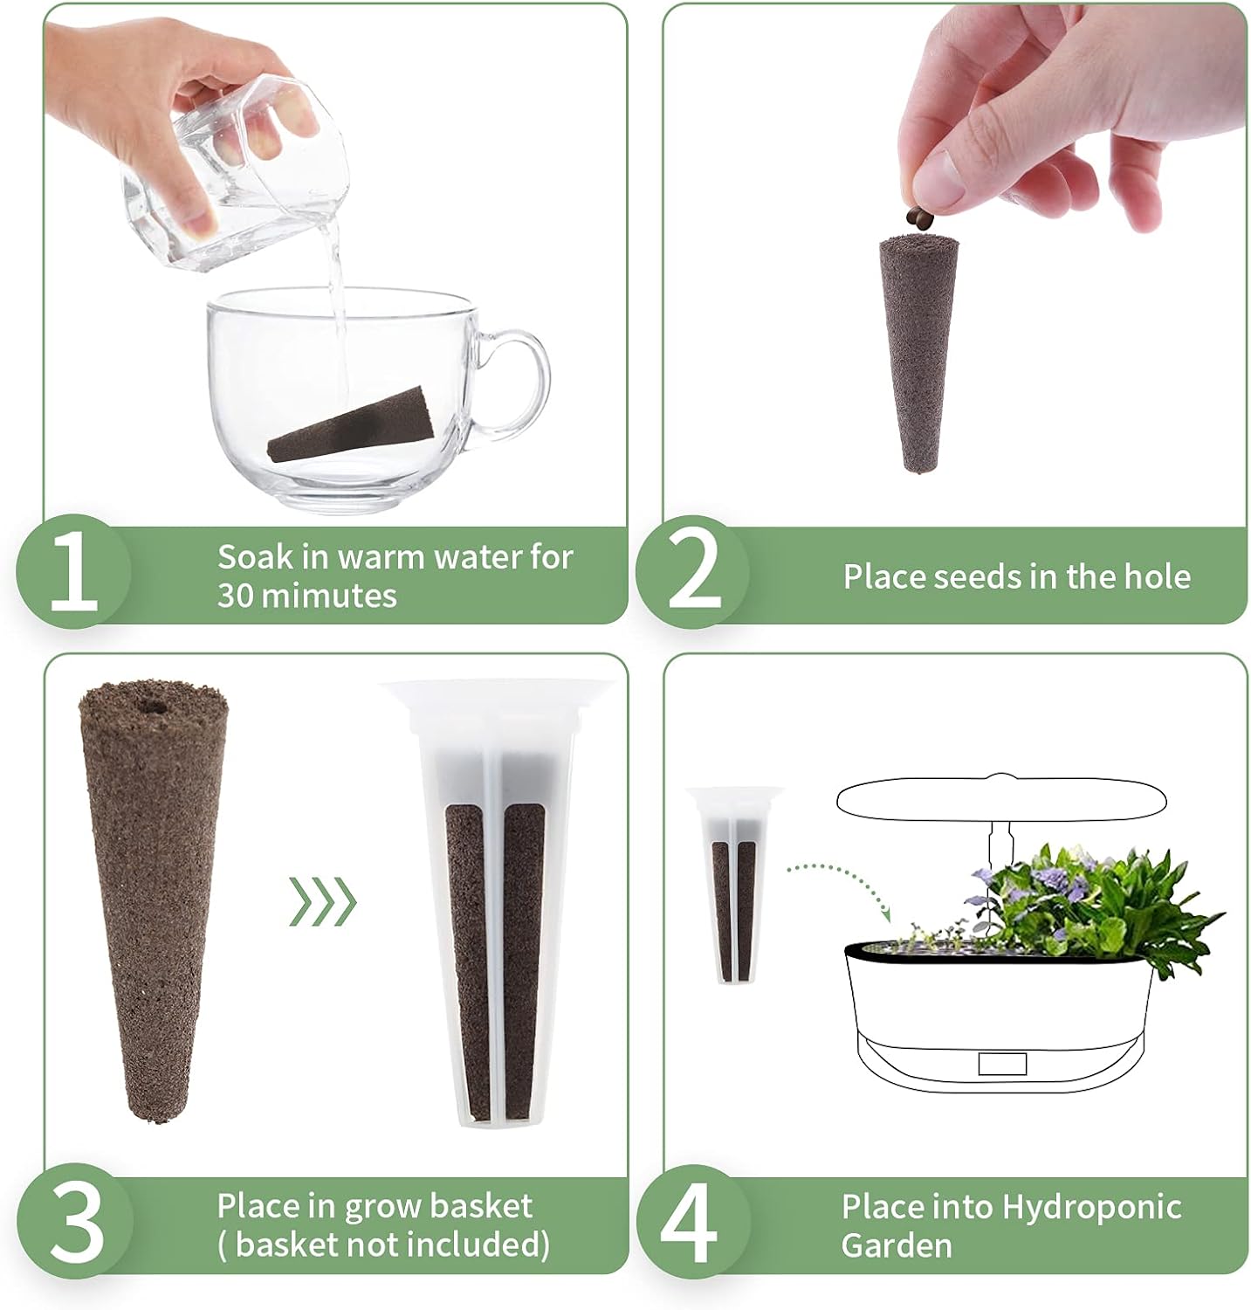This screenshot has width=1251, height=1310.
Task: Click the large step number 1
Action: click(73, 574)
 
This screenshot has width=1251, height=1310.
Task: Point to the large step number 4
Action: click(691, 1222)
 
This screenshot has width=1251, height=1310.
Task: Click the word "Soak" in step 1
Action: click(251, 557)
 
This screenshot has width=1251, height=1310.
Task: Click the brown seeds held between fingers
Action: click(919, 217)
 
